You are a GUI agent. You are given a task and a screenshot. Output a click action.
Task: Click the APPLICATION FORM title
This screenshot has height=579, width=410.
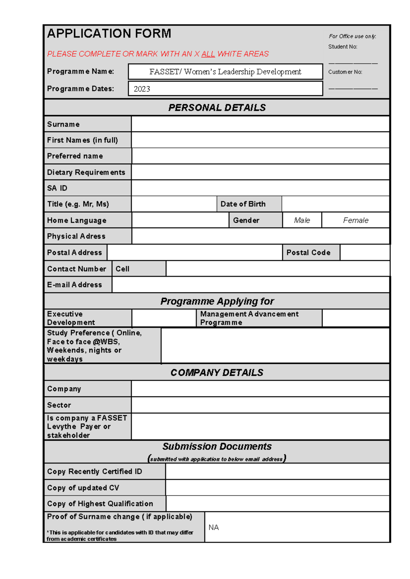tap(109, 33)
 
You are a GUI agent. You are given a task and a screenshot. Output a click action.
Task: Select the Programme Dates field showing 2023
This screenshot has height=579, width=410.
tap(225, 89)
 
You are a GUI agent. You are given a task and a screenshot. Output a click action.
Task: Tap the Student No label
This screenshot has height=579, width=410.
tap(342, 47)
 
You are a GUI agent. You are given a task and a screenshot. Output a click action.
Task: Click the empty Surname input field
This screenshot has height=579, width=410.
tap(260, 124)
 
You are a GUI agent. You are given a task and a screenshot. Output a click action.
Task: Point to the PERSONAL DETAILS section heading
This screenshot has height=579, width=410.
tap(217, 108)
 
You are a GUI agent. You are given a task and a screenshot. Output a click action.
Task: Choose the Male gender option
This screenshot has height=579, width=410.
tap(302, 220)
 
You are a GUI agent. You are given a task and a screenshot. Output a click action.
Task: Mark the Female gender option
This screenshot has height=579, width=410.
tap(355, 220)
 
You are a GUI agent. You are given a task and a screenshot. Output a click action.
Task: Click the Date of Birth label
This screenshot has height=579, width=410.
tap(243, 204)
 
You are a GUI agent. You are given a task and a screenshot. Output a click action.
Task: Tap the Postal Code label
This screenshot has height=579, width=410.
tap(308, 253)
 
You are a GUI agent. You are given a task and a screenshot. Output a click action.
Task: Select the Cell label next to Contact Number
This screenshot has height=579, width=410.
tap(122, 269)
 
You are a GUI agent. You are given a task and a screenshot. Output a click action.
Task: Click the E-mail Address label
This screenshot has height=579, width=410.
tap(74, 285)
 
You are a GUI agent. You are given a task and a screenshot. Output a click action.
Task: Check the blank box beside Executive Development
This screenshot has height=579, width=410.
tap(164, 318)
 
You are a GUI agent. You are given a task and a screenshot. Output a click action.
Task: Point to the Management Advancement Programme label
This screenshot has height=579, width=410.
tap(249, 318)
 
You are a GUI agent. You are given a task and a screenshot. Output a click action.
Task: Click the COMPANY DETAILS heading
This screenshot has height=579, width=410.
tap(217, 372)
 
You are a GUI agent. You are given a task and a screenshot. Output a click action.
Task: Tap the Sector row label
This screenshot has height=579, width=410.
tap(59, 405)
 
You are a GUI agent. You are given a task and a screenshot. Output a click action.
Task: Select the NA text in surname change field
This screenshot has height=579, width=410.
tap(214, 527)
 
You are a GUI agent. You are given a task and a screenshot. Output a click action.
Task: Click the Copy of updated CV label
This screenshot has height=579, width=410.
tap(83, 488)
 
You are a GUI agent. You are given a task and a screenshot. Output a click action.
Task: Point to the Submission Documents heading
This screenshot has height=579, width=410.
tap(217, 447)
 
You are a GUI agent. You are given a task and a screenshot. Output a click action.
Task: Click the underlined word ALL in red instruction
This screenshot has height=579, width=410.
tap(208, 54)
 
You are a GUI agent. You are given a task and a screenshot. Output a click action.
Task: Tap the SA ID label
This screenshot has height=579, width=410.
tap(57, 188)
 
